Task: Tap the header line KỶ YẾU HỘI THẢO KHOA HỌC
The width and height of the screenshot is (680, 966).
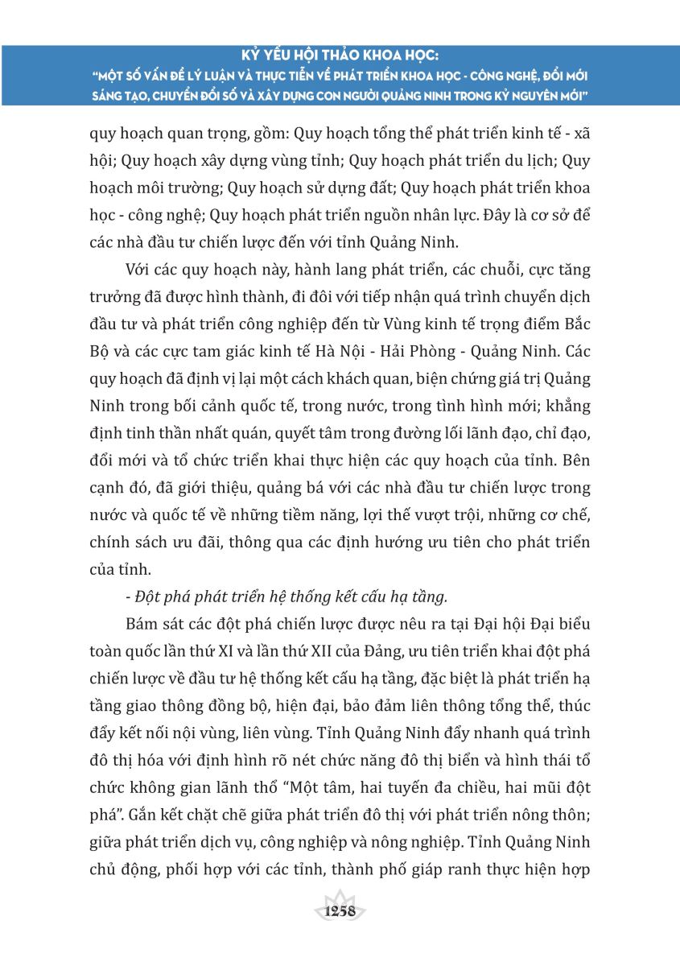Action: coord(340,58)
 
